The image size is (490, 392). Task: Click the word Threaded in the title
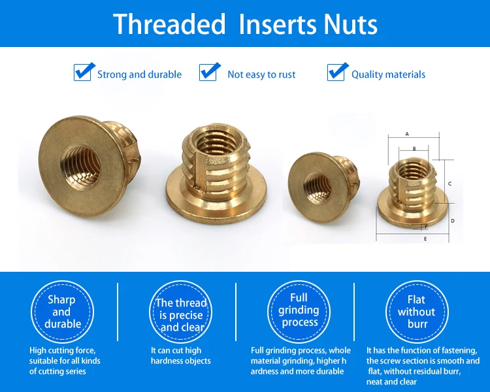(169, 24)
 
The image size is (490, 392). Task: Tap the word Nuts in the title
(350, 24)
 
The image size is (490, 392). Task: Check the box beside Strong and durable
(82, 73)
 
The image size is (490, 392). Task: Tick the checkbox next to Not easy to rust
(208, 73)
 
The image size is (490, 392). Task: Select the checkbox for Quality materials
(336, 73)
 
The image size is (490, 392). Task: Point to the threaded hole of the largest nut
(81, 167)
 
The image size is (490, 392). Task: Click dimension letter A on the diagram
(407, 134)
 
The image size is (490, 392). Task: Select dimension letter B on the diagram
(414, 148)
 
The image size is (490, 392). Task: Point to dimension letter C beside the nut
(449, 184)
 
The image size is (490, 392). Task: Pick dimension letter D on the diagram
(453, 221)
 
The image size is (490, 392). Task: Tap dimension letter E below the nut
(425, 239)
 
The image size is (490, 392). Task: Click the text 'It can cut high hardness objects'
(180, 355)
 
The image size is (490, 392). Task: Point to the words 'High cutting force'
(63, 350)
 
